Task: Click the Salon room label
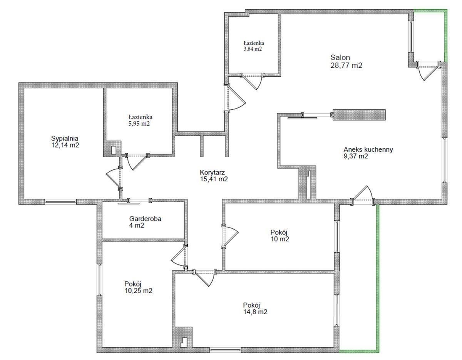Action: click(340, 57)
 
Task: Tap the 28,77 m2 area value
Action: click(346, 65)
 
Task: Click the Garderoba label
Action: click(145, 219)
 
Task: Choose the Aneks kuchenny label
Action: click(368, 149)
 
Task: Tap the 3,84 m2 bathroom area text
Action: click(253, 49)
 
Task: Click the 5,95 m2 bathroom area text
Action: click(139, 124)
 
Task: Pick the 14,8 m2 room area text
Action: click(255, 312)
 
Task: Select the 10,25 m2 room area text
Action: click(139, 291)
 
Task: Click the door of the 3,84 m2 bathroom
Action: click(253, 82)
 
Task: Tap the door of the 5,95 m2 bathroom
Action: click(137, 162)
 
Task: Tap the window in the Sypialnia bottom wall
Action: click(60, 202)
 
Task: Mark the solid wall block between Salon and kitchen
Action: click(359, 115)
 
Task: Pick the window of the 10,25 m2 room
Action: click(99, 280)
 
